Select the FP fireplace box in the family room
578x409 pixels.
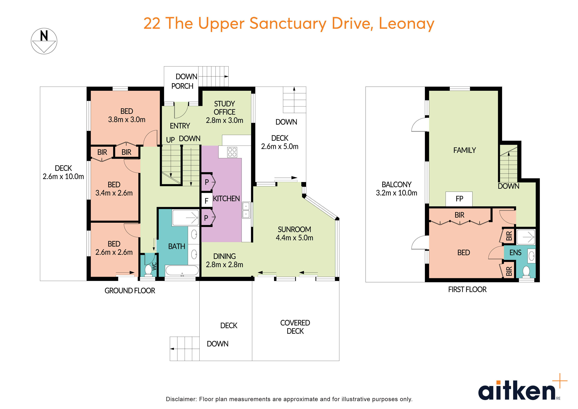point(459,199)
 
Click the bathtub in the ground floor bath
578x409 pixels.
point(182,271)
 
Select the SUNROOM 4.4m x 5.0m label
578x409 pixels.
point(294,233)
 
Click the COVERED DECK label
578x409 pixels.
point(295,327)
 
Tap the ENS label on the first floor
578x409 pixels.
point(515,253)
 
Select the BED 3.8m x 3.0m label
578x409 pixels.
point(127,115)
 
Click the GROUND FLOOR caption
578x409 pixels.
point(130,291)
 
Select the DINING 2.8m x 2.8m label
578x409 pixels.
point(224,260)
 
